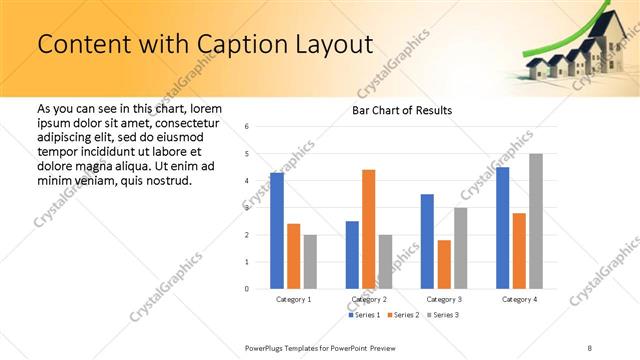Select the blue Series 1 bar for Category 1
[277, 231]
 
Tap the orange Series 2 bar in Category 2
[368, 229]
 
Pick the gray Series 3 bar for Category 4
[536, 221]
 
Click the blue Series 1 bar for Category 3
[427, 241]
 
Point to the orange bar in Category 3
[444, 264]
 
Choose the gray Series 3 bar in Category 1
[310, 262]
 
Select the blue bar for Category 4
[503, 228]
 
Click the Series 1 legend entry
[364, 315]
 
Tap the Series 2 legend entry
[404, 315]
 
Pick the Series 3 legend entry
[444, 315]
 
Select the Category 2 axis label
[369, 299]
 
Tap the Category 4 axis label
[519, 299]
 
